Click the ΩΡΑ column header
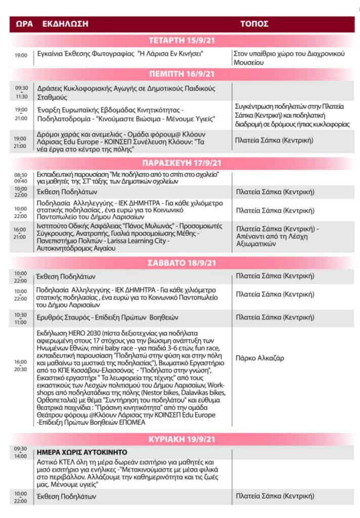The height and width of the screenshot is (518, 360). (x=25, y=24)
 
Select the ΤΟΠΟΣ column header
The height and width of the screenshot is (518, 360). (x=254, y=24)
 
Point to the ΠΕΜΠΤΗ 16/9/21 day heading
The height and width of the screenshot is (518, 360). (x=181, y=74)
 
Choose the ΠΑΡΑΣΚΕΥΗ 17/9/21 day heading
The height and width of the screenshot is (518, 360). (x=181, y=164)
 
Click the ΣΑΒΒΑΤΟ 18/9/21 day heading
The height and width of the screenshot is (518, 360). (x=181, y=263)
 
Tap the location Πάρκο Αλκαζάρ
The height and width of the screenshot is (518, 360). (x=260, y=358)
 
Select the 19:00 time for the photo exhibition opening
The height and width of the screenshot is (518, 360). (x=21, y=55)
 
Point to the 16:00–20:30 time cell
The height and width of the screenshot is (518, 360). (x=21, y=365)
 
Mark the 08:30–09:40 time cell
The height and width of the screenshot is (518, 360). (x=21, y=177)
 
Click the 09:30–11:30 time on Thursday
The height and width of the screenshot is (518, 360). (x=21, y=92)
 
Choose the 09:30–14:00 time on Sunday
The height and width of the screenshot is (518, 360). (x=21, y=452)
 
